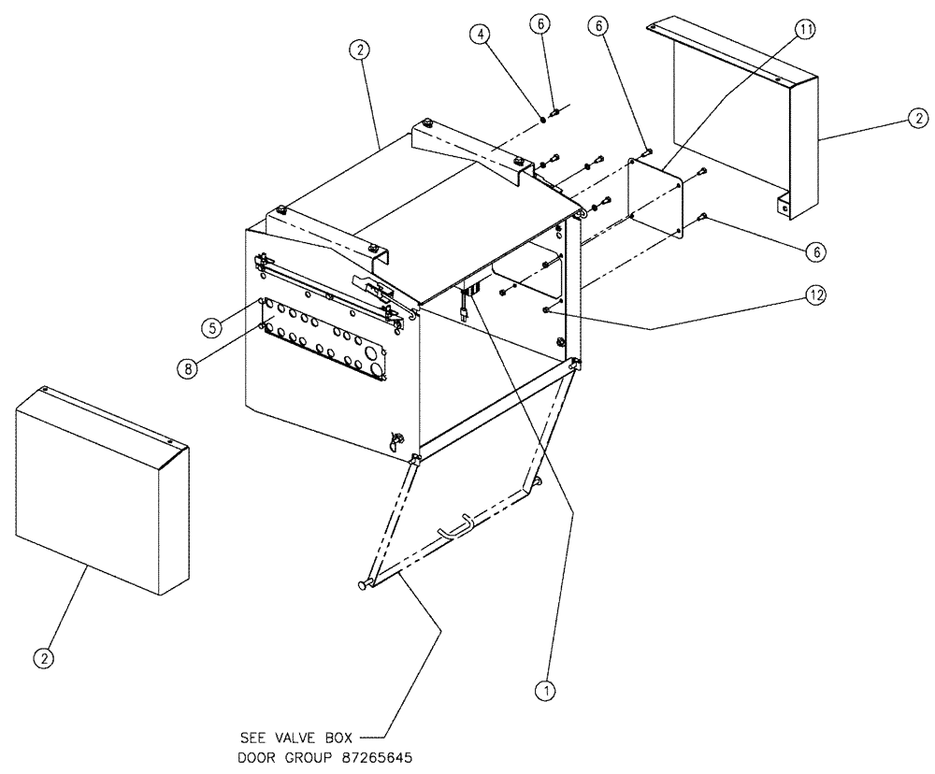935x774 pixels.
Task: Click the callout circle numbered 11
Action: coord(804,31)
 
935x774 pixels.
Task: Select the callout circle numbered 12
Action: coord(816,295)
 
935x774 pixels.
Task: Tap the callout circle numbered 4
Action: coord(480,36)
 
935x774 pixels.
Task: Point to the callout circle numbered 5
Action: coord(211,326)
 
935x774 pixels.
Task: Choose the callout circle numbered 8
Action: coord(188,368)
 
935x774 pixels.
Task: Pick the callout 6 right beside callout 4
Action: coord(539,23)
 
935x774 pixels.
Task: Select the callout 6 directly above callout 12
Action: coord(816,251)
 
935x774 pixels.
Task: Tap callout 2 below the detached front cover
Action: coord(43,658)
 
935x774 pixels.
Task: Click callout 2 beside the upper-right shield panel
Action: coord(919,118)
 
